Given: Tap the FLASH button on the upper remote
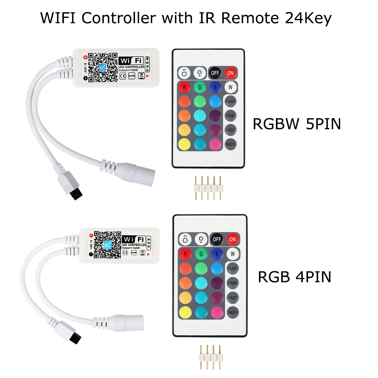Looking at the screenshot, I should [230, 101].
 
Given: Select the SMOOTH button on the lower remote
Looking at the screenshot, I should [233, 313].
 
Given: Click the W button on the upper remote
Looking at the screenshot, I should [230, 87].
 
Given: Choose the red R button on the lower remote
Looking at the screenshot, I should [185, 254].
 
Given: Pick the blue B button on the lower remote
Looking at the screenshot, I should [217, 254].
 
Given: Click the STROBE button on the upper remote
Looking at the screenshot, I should [230, 116].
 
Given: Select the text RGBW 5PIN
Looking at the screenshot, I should [297, 124].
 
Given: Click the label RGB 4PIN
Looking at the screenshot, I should [294, 277].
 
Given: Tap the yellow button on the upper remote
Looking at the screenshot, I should [184, 144].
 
